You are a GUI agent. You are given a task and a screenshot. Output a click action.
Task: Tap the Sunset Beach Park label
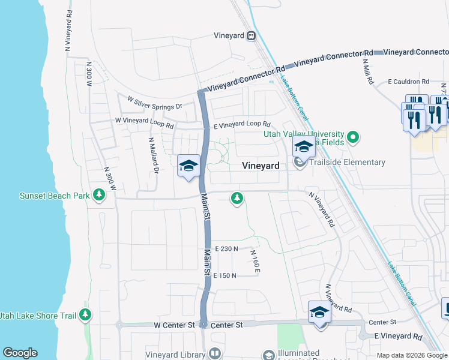(54, 196)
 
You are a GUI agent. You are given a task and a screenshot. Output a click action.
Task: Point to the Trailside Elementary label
(346, 162)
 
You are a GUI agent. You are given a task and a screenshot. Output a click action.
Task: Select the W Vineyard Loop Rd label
(145, 124)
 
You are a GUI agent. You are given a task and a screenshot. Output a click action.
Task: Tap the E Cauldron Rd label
(408, 82)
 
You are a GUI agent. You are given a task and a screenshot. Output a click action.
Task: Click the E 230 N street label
(226, 248)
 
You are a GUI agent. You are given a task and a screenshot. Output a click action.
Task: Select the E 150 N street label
(226, 275)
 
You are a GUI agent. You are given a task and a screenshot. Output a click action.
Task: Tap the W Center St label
(175, 325)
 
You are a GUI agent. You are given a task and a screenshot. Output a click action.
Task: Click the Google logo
(19, 353)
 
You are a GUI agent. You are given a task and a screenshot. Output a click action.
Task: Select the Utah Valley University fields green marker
(354, 138)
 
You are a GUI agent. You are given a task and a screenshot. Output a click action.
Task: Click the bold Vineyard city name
(261, 165)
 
